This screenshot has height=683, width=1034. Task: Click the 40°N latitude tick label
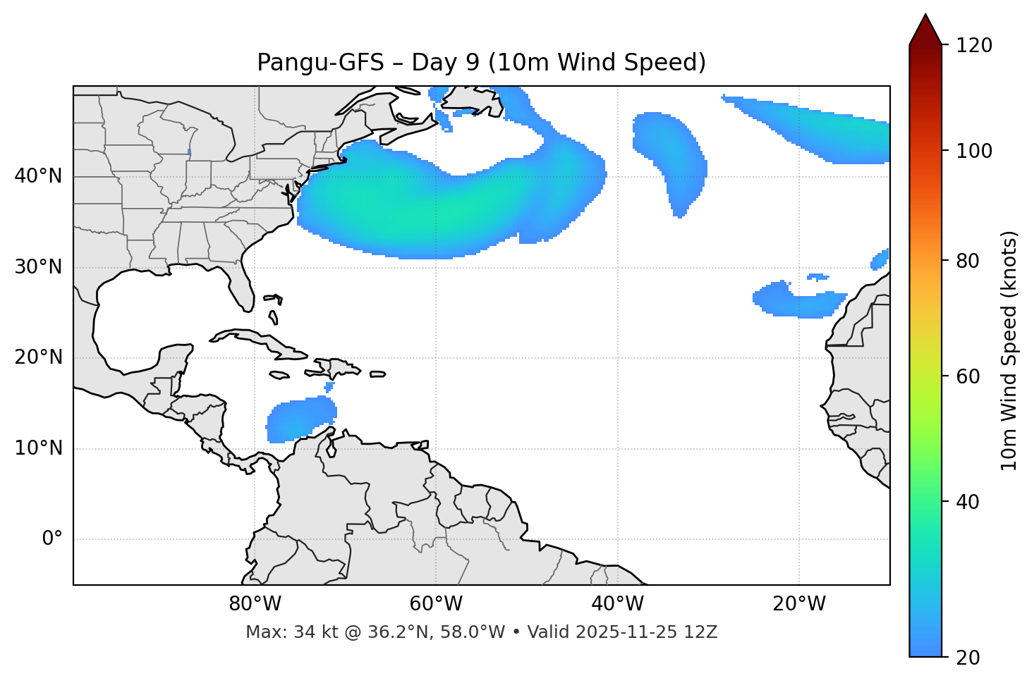(x=38, y=176)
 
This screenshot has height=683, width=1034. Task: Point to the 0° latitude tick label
(x=52, y=539)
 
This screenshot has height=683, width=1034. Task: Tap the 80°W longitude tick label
(x=255, y=604)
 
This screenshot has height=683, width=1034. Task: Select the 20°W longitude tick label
(x=799, y=604)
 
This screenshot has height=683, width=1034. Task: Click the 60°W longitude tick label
(x=436, y=604)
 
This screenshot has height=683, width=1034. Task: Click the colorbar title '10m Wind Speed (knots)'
(x=1009, y=350)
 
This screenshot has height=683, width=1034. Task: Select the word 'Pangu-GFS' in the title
(x=320, y=63)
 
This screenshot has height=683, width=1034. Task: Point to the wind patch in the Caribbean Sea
(x=300, y=419)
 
